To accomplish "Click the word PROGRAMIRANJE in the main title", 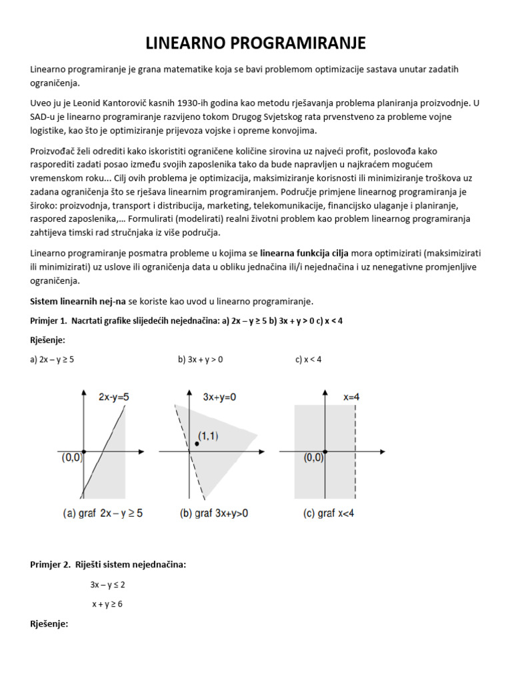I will [300, 44].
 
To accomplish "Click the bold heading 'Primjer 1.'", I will [49, 320].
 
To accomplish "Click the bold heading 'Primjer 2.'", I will [49, 564].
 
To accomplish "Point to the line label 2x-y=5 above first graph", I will [114, 397].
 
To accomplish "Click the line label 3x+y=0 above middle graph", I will [219, 397].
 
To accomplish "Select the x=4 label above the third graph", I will [352, 397].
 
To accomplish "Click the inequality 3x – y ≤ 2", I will [108, 585].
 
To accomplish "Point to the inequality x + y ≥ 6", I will [108, 604].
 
